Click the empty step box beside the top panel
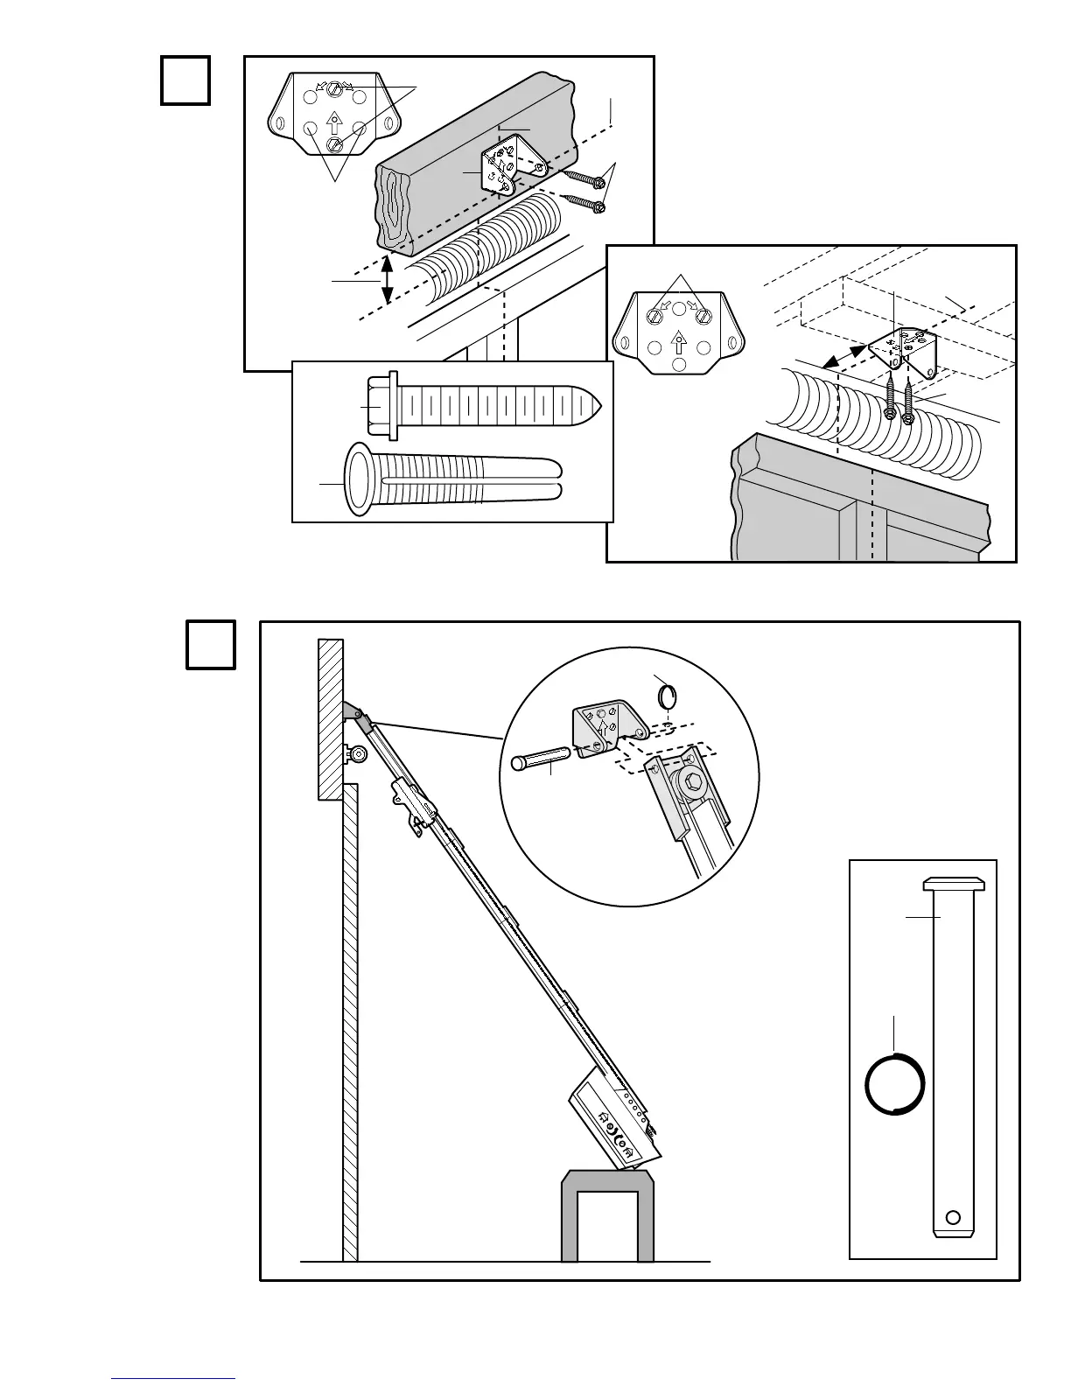pyautogui.click(x=185, y=80)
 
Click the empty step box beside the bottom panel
pyautogui.click(x=211, y=645)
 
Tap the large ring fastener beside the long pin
pyautogui.click(x=894, y=1084)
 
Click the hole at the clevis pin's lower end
pyautogui.click(x=954, y=1216)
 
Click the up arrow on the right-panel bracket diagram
pyautogui.click(x=677, y=340)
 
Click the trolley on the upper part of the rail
pyautogui.click(x=413, y=803)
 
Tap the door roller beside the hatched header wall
pyautogui.click(x=356, y=752)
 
